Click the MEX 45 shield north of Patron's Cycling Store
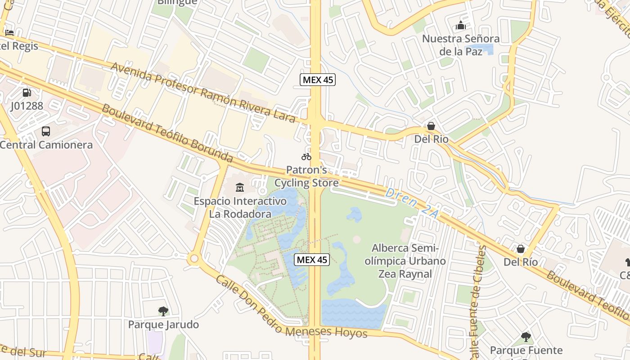pos(318,80)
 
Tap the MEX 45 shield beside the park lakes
pos(312,260)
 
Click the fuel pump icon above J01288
pos(27,93)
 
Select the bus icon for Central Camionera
pos(46,131)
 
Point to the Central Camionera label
pos(46,145)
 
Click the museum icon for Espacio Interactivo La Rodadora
pos(240,187)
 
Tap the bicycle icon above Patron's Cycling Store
pos(306,157)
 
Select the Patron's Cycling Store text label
pos(306,177)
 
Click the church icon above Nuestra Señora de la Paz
pos(460,25)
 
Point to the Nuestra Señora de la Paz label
pos(460,45)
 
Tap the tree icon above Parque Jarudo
pos(163,311)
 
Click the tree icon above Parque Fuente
pos(526,337)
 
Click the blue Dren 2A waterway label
pos(412,204)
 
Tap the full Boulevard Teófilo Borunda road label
pos(167,133)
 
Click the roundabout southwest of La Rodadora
pos(194,259)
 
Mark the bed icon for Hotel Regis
pos(9,32)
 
